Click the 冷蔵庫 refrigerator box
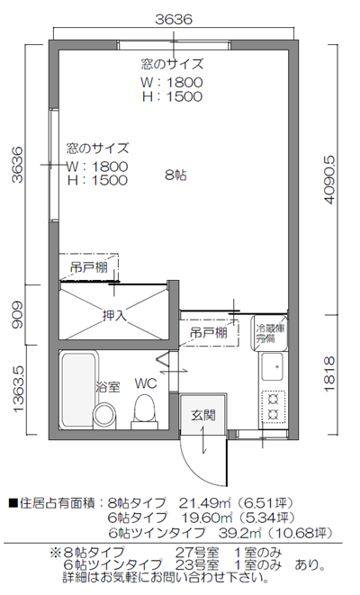267,334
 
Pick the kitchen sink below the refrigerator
270,368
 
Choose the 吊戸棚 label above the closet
90,267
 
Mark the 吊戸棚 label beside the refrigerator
208,333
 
